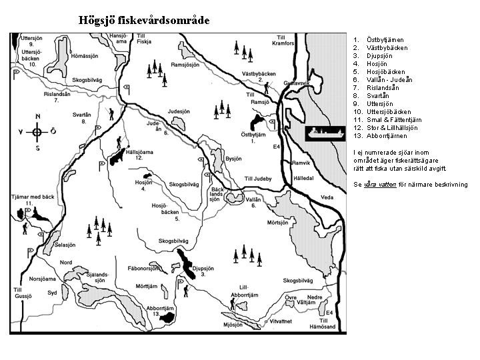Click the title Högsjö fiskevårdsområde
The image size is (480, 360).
tap(144, 20)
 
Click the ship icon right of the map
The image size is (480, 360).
tap(325, 132)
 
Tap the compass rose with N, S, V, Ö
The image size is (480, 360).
tap(37, 132)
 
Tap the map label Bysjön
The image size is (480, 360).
tap(233, 160)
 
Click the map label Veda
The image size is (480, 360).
tap(327, 197)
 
